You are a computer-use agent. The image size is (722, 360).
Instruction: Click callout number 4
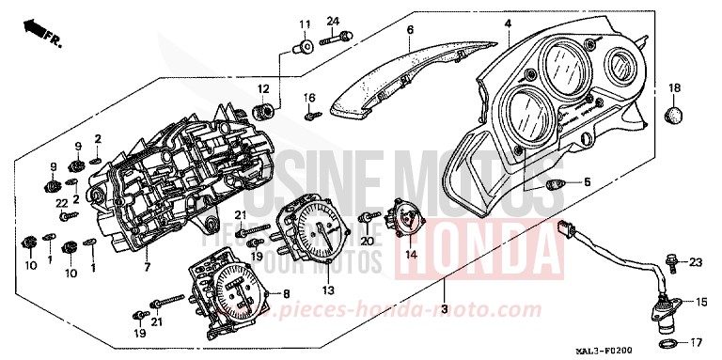[x=507, y=23]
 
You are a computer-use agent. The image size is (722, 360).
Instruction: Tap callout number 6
[x=410, y=30]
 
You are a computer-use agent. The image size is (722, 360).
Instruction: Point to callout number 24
[x=333, y=21]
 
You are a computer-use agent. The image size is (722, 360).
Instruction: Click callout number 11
[x=304, y=23]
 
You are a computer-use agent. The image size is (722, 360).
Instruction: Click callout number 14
[x=411, y=253]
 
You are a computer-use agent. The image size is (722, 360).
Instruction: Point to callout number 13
[x=328, y=290]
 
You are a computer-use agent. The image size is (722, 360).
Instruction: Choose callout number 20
[x=368, y=241]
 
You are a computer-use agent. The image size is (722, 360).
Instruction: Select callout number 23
[x=696, y=261]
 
